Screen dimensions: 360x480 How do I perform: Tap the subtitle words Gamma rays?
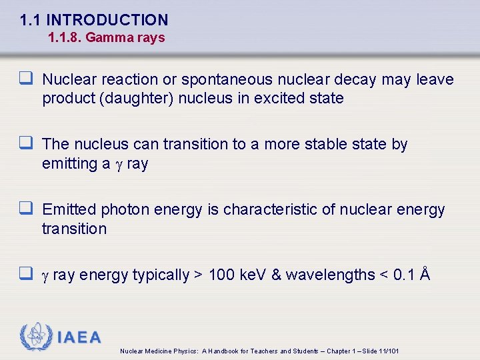point(125,38)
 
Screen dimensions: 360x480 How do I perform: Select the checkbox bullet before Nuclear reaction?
point(27,79)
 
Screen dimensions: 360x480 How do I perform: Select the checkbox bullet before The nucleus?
point(27,144)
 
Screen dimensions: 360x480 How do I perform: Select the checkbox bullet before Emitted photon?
point(27,209)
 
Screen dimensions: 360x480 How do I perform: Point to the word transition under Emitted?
point(74,229)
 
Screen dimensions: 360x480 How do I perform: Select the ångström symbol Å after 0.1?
point(424,274)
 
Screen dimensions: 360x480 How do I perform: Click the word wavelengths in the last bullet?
point(330,275)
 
